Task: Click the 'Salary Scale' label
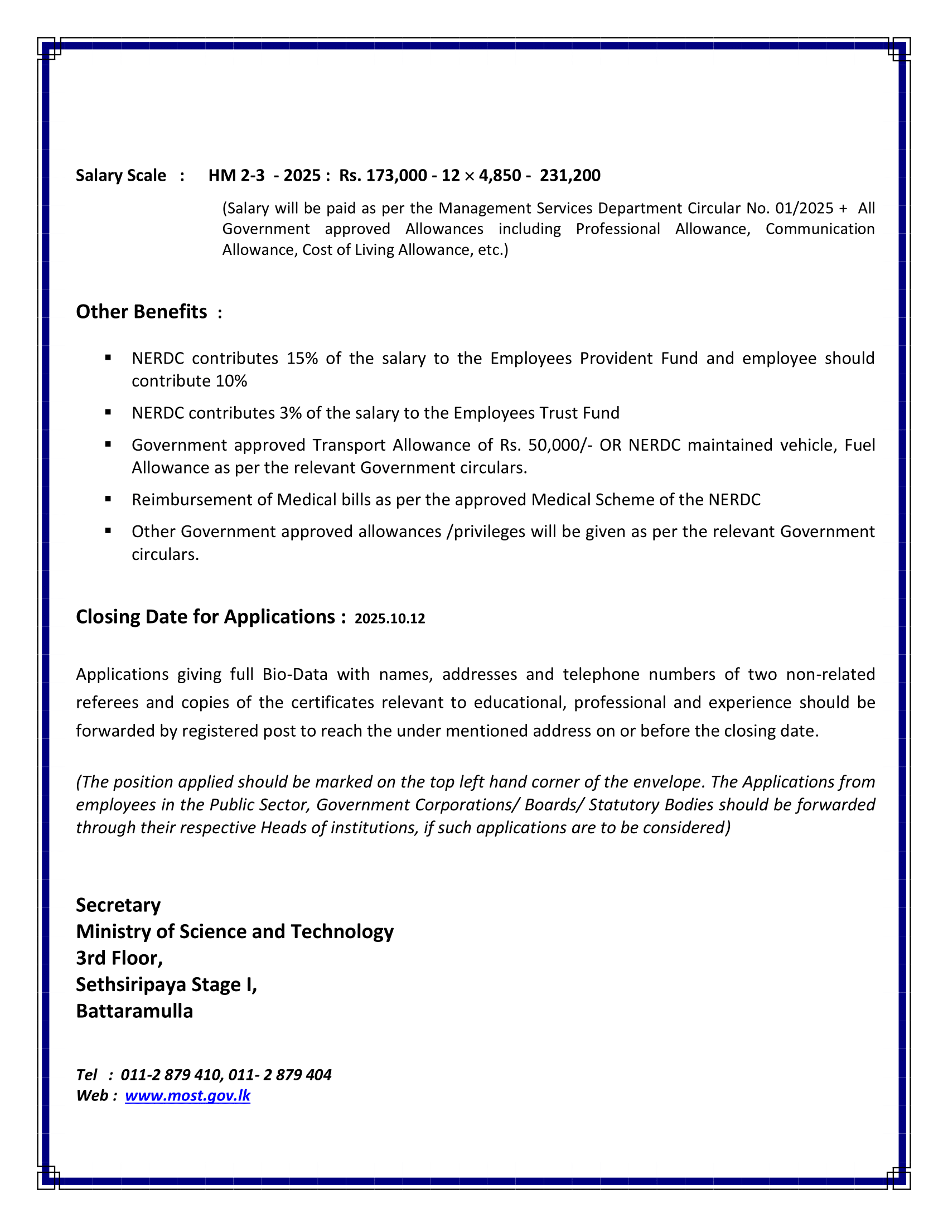point(121,176)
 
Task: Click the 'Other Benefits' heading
point(142,312)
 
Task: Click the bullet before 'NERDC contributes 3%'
point(108,412)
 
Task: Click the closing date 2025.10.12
point(390,619)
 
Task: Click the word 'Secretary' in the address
point(118,905)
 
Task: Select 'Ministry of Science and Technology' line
point(235,931)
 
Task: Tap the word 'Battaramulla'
point(135,1011)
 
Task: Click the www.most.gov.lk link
point(187,1095)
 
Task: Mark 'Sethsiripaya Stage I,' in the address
point(167,985)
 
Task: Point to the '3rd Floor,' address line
point(120,958)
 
